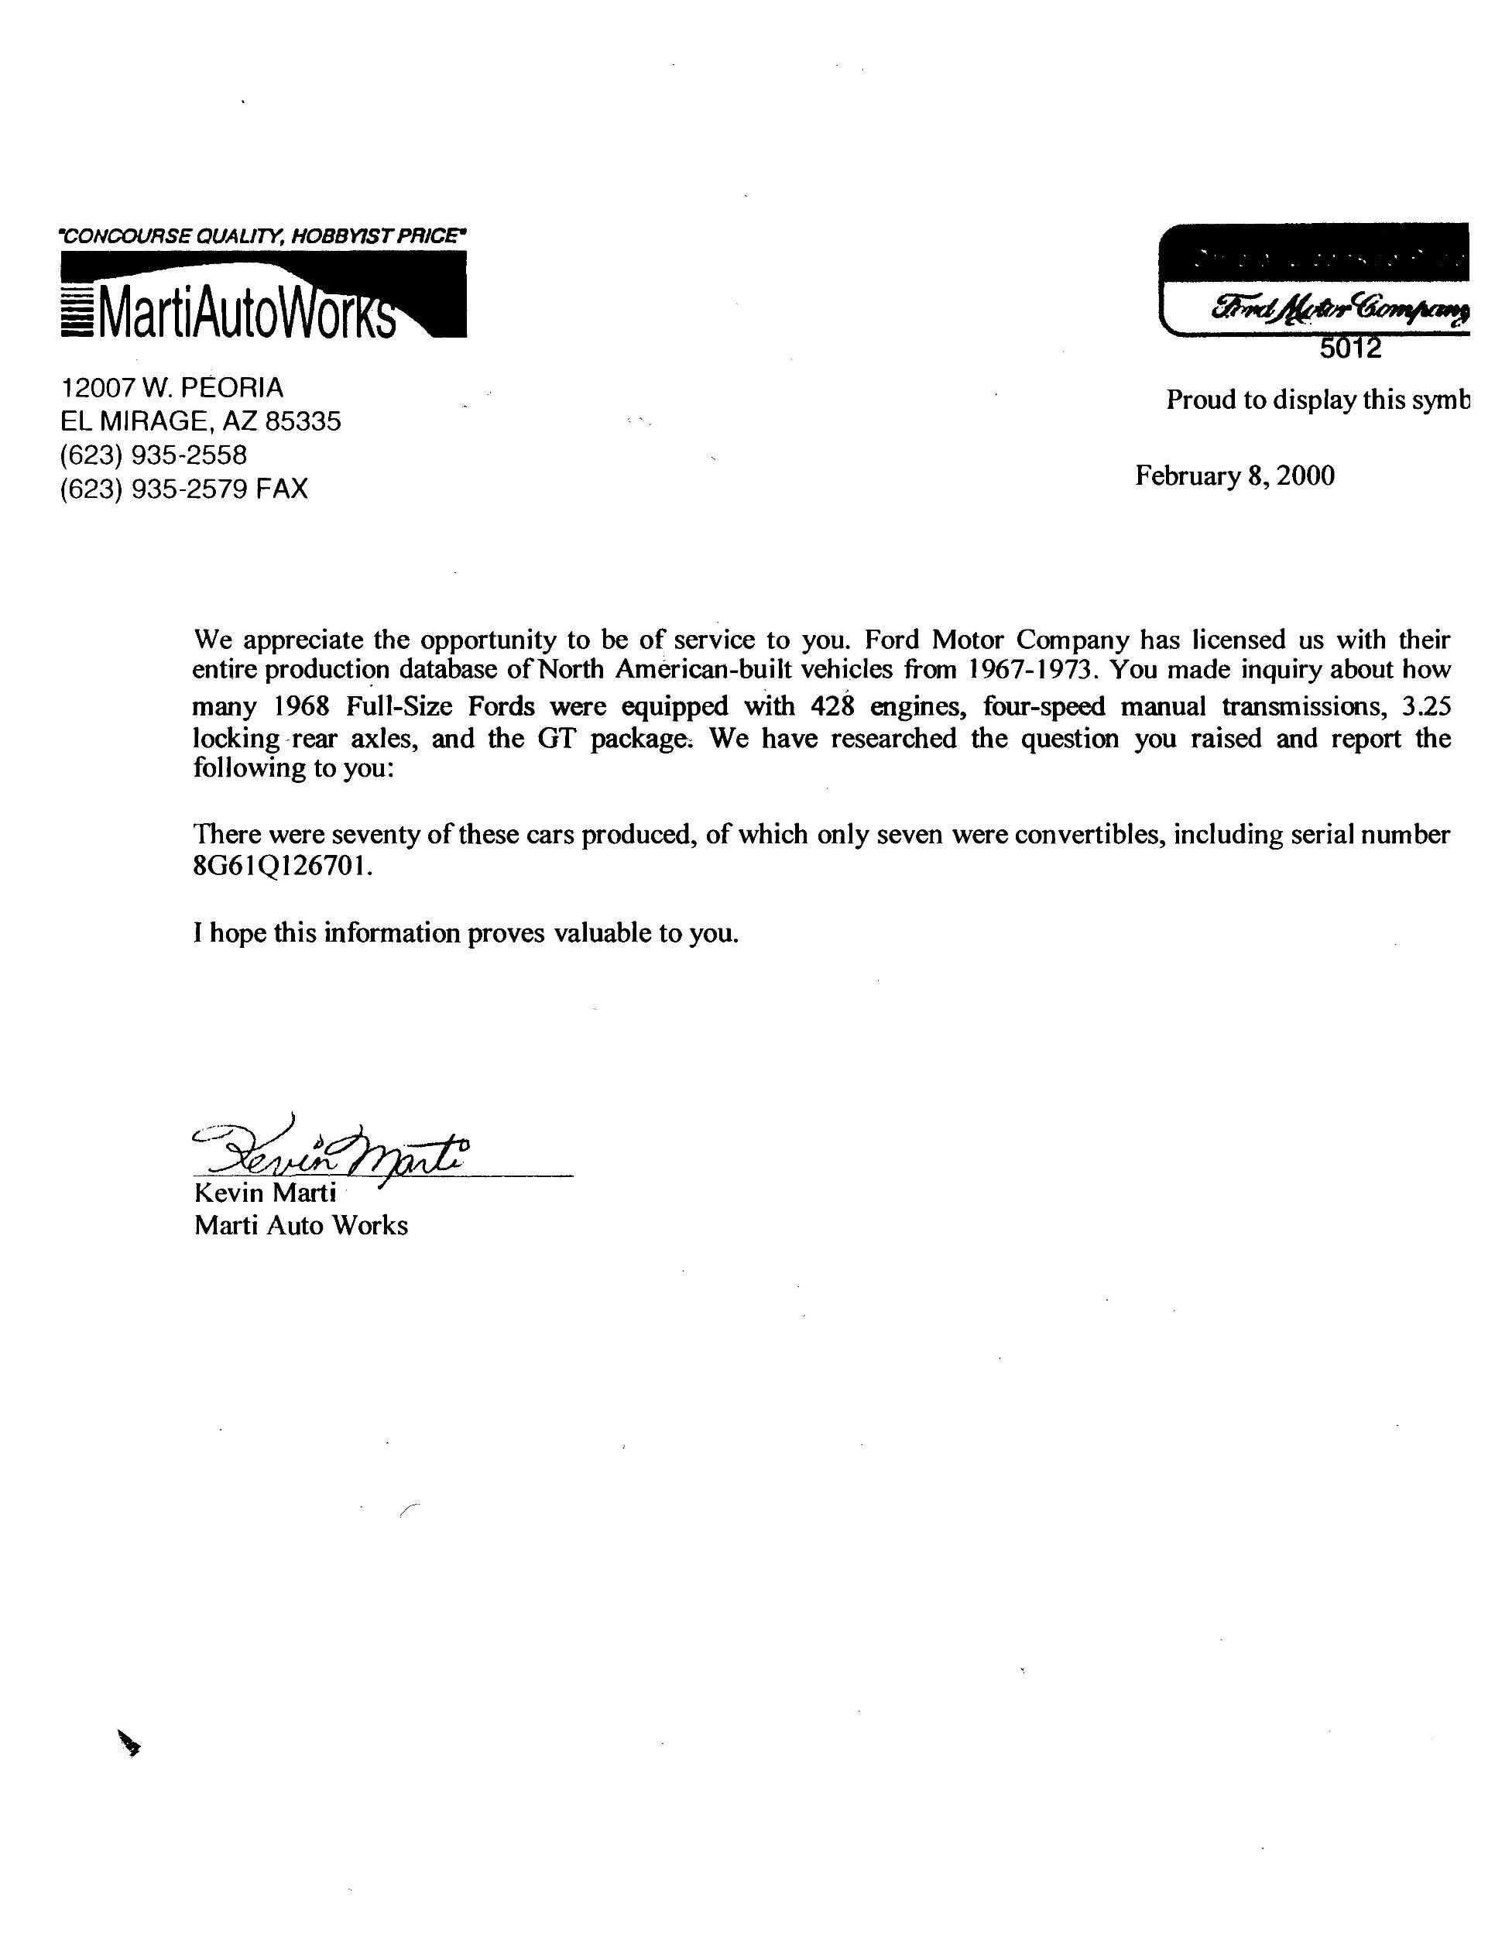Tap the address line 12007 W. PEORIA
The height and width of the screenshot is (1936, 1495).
point(172,387)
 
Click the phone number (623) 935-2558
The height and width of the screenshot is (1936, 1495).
point(153,455)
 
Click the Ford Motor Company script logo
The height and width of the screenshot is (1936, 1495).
point(1338,308)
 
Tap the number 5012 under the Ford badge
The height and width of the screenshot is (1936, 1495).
point(1350,348)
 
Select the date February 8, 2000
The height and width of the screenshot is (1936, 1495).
point(1234,476)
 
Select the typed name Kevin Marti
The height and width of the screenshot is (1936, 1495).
point(265,1193)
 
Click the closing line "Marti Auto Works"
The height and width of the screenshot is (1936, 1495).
point(301,1226)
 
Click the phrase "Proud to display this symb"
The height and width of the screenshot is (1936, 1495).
point(1317,400)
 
